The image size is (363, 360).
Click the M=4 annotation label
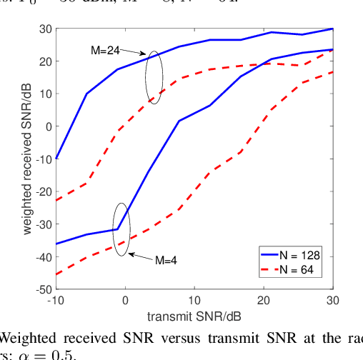click(166, 260)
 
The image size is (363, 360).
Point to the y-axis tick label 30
click(44, 29)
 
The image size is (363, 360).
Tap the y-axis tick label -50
click(41, 289)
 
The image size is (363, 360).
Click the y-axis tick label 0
click(46, 126)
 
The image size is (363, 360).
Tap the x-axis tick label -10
click(56, 300)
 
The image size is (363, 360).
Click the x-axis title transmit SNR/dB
click(194, 315)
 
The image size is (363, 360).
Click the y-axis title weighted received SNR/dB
click(26, 159)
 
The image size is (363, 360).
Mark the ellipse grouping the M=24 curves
click(154, 77)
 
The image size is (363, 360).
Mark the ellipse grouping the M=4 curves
click(122, 226)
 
